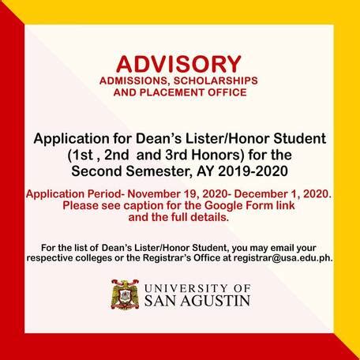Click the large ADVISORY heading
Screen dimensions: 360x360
point(178,64)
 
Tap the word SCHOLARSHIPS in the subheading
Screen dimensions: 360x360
point(216,81)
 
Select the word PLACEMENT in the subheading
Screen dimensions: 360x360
point(171,92)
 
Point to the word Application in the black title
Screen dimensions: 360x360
point(71,139)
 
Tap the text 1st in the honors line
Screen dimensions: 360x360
point(84,155)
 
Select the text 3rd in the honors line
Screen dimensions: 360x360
point(176,155)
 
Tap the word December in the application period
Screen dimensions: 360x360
point(261,194)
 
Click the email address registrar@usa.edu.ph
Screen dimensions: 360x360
point(283,258)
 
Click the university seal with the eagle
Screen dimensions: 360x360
point(125,294)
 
